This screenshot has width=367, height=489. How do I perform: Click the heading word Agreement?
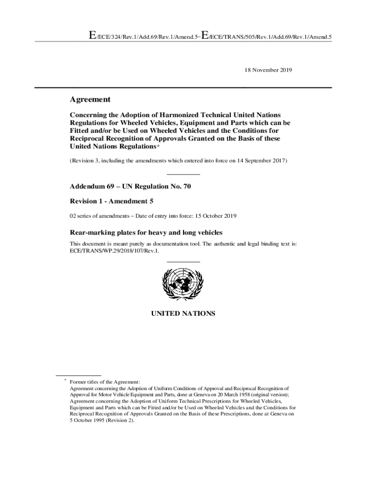(90, 100)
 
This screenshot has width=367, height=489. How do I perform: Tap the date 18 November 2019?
(268, 70)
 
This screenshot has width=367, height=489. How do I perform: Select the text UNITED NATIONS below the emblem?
(183, 314)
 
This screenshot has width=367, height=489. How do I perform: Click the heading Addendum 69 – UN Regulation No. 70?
(130, 187)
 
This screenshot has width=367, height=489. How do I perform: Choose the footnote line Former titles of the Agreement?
(105, 382)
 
